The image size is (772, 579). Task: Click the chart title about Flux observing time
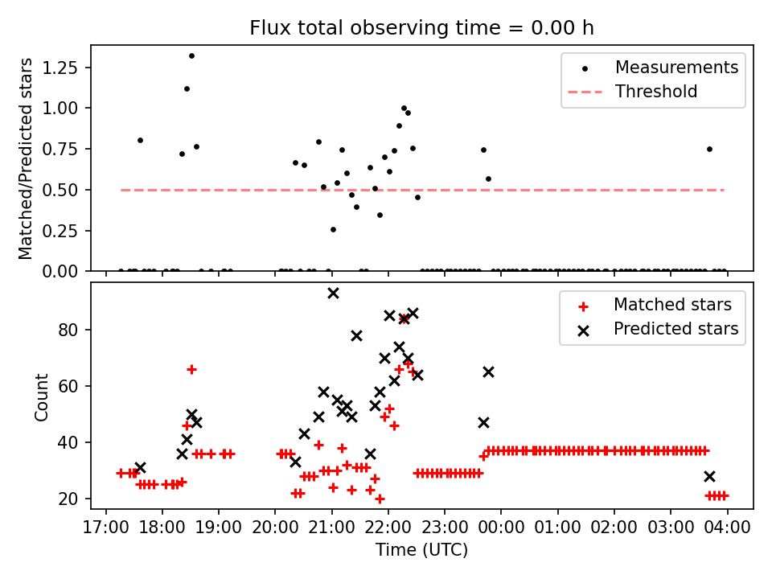click(421, 28)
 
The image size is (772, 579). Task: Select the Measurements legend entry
click(676, 68)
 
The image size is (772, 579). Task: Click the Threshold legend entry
click(656, 92)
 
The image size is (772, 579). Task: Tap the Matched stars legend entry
click(672, 305)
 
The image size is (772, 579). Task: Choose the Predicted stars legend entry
click(675, 329)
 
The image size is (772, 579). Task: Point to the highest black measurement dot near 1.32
click(191, 56)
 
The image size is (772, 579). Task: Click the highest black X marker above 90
click(333, 294)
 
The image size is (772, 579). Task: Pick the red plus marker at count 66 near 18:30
click(191, 369)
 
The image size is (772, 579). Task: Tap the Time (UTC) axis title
click(421, 551)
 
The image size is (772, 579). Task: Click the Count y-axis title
click(41, 396)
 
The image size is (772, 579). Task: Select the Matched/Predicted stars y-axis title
click(26, 158)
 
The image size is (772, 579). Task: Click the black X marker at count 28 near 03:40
click(709, 476)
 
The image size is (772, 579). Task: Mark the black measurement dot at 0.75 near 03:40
click(709, 149)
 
